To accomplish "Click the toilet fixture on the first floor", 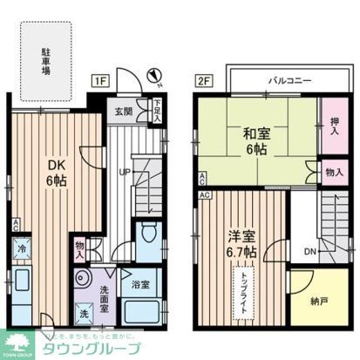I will pos(148,234).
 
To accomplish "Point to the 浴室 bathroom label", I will pos(140,284).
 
